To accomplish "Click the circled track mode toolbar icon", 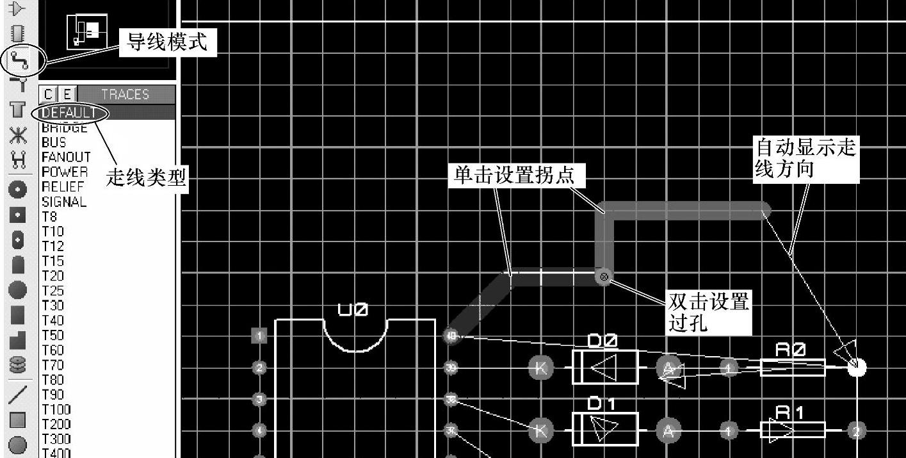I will coord(17,60).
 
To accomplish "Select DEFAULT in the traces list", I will coord(70,113).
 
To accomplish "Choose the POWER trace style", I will coord(64,172).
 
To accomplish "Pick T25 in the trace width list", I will coord(53,291).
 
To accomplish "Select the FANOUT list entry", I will coord(66,157).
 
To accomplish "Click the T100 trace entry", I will coord(56,409).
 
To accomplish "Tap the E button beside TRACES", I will coord(67,94).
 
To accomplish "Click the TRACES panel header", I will coord(125,94).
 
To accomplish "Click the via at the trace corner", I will coord(603,277).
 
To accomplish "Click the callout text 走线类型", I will coord(146,177).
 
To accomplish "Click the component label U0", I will coord(353,310).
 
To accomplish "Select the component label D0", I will coord(603,341).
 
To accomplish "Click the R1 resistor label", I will coord(789,413).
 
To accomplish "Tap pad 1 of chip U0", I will coord(259,336).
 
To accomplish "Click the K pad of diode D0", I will coord(540,368).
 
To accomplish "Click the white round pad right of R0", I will coord(856,367).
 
